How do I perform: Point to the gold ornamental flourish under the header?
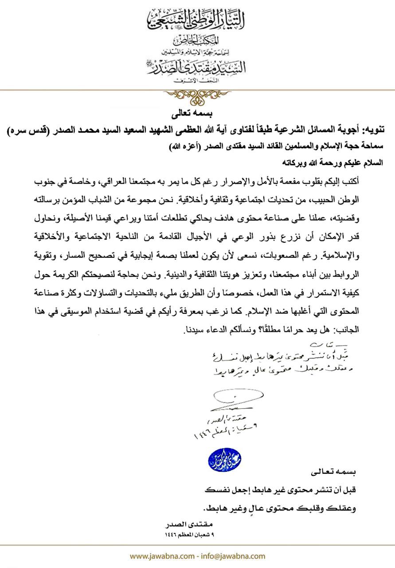click(198, 94)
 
